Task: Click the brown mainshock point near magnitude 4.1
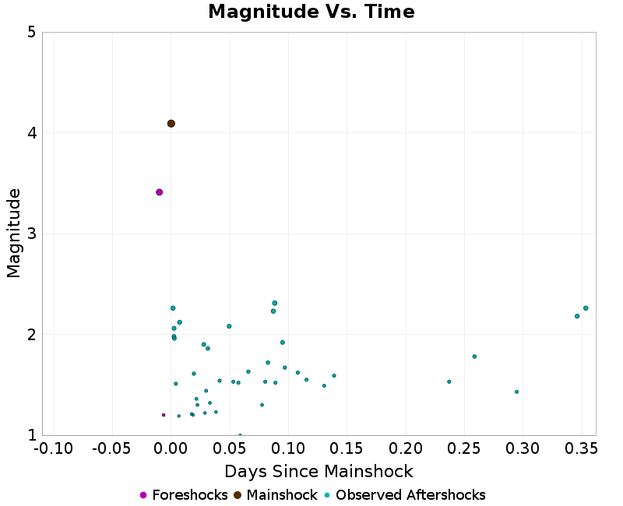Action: [171, 124]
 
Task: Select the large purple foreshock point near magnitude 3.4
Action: [159, 192]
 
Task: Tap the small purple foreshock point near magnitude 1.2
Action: [164, 415]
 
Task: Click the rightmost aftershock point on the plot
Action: [586, 308]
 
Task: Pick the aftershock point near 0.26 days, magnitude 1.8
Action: [474, 357]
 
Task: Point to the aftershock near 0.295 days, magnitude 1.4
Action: [516, 392]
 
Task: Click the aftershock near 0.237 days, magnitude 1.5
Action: [449, 381]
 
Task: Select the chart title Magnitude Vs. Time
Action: [311, 12]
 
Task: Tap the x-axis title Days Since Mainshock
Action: [319, 472]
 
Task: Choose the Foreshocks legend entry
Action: [184, 495]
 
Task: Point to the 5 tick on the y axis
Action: [31, 33]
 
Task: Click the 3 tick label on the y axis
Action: [31, 234]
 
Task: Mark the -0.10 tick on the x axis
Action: [54, 450]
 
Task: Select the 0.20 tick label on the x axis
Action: [406, 450]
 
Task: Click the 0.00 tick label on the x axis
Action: [171, 450]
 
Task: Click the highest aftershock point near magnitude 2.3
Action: [275, 303]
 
